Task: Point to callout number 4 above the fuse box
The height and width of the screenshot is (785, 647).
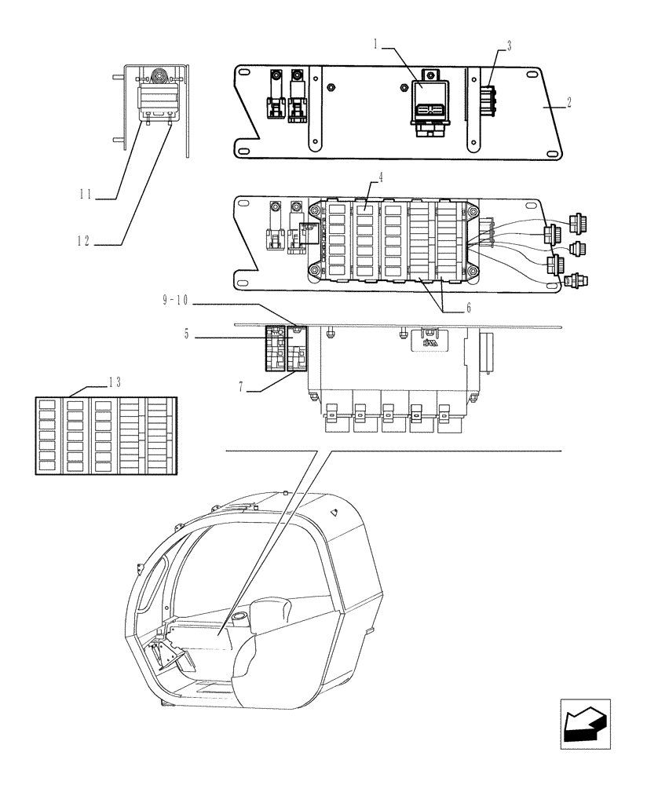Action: [x=380, y=178]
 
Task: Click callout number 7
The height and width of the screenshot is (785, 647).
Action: [x=241, y=387]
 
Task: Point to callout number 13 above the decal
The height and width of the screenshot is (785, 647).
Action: [x=115, y=382]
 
